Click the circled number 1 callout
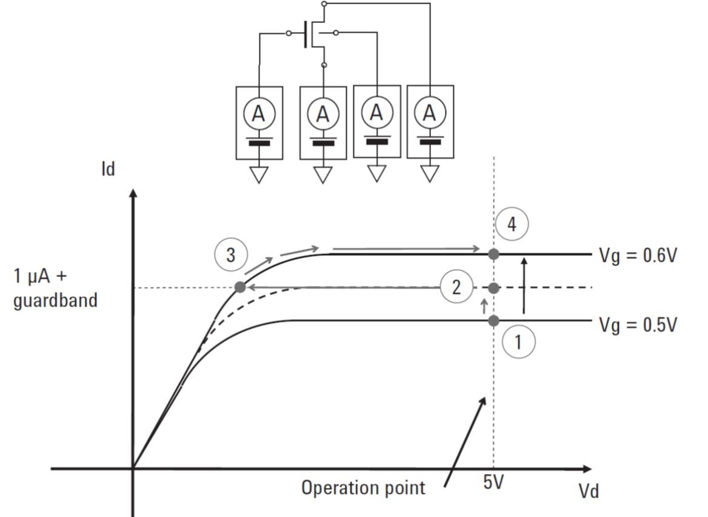(x=518, y=342)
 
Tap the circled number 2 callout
(x=456, y=287)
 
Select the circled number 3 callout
(x=231, y=255)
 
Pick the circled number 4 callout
(x=512, y=224)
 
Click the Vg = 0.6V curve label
(x=638, y=255)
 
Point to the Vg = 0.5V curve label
(x=638, y=325)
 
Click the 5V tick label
(x=493, y=482)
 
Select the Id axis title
(x=109, y=169)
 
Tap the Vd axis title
(x=589, y=491)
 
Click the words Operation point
(x=363, y=488)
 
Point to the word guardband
(x=55, y=300)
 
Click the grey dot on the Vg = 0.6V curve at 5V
(x=493, y=254)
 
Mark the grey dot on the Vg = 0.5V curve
(x=493, y=321)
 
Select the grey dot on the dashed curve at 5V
(x=493, y=288)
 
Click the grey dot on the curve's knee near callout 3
(x=240, y=287)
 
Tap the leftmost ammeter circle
(x=259, y=113)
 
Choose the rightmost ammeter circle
(x=430, y=112)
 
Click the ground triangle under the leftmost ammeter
(x=259, y=175)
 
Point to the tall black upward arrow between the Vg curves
(x=524, y=285)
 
